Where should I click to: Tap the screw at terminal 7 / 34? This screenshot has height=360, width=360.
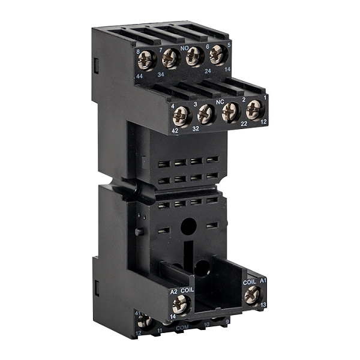pyautogui.click(x=170, y=58)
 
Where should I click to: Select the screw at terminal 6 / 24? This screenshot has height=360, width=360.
pyautogui.click(x=194, y=56)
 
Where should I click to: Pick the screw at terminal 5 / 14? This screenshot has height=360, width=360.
pyautogui.click(x=217, y=54)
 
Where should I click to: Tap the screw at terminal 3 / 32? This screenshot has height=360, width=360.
pyautogui.click(x=206, y=113)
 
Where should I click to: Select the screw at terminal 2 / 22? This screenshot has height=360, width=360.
pyautogui.click(x=230, y=112)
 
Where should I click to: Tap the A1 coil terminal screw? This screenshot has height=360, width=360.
pyautogui.click(x=253, y=293)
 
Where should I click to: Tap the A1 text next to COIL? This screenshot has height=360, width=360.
pyautogui.click(x=262, y=281)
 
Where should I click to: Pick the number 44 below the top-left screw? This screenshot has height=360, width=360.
pyautogui.click(x=139, y=77)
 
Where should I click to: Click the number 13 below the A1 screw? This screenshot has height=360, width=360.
pyautogui.click(x=263, y=305)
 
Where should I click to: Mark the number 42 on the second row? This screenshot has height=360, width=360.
pyautogui.click(x=175, y=131)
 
